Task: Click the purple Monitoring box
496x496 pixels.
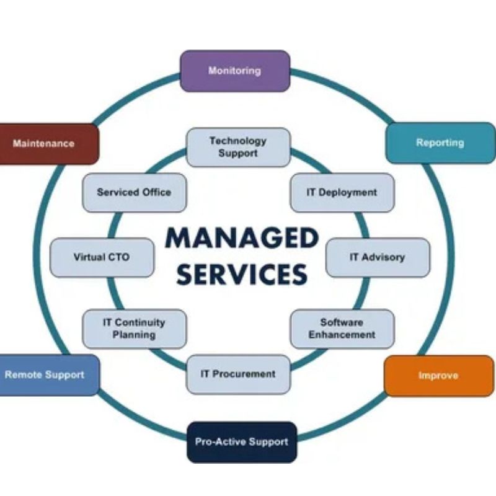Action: [x=234, y=71]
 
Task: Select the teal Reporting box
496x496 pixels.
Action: [x=440, y=143]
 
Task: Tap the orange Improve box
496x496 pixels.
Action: [x=438, y=376]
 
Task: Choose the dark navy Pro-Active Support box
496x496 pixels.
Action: [x=242, y=442]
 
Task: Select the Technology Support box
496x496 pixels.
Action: [x=238, y=147]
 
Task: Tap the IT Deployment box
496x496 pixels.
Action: [x=342, y=193]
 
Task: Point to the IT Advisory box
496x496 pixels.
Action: [x=377, y=257]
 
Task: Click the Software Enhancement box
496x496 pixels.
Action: [x=342, y=329]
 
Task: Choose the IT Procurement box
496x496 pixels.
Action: [x=238, y=374]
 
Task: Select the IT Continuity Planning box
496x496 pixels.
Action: [x=134, y=329]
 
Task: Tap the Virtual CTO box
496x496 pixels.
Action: [x=102, y=257]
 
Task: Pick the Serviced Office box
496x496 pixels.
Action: [x=134, y=193]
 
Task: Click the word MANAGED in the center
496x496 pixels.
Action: [x=242, y=239]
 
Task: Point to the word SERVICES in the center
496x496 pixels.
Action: [x=242, y=273]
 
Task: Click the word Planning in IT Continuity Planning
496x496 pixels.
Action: [x=134, y=335]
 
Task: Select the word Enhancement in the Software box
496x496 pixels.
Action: [x=342, y=335]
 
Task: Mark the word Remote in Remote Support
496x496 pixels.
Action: [x=23, y=375]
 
